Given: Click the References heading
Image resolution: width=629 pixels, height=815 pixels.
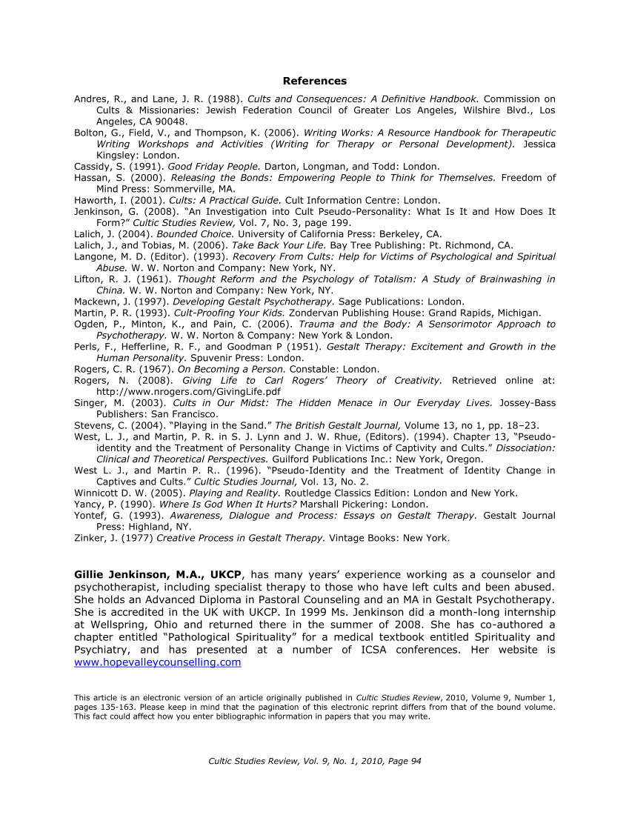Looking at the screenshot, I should click(314, 81).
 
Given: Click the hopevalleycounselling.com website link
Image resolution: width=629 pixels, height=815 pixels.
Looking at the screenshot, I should click(157, 662).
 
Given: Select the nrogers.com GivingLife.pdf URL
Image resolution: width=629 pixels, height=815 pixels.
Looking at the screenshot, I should click(188, 391).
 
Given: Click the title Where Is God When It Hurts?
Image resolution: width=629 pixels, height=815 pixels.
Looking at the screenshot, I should click(232, 504).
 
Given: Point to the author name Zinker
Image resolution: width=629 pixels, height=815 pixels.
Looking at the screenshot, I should click(90, 538).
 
